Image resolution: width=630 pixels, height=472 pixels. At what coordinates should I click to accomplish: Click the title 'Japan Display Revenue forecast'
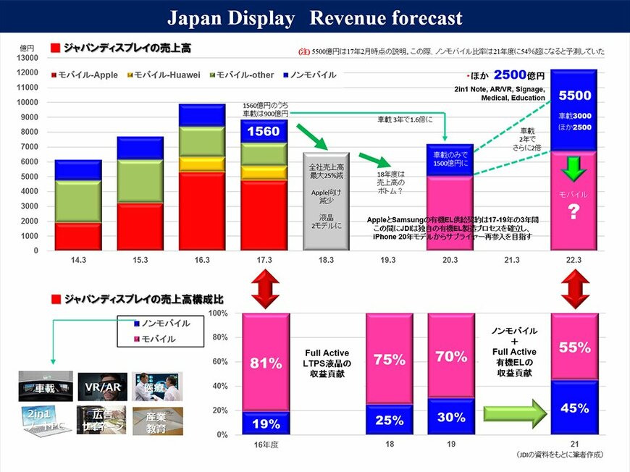[314, 17]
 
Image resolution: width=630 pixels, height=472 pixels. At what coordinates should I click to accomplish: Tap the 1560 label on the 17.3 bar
[264, 131]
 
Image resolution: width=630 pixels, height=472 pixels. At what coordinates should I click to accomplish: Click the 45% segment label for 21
[574, 408]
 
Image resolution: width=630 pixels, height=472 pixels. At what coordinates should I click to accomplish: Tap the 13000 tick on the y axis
[26, 57]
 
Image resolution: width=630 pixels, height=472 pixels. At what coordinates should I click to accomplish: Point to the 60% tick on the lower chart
[219, 361]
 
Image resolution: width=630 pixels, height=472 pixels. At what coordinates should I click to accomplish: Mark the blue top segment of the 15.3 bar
[140, 148]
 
